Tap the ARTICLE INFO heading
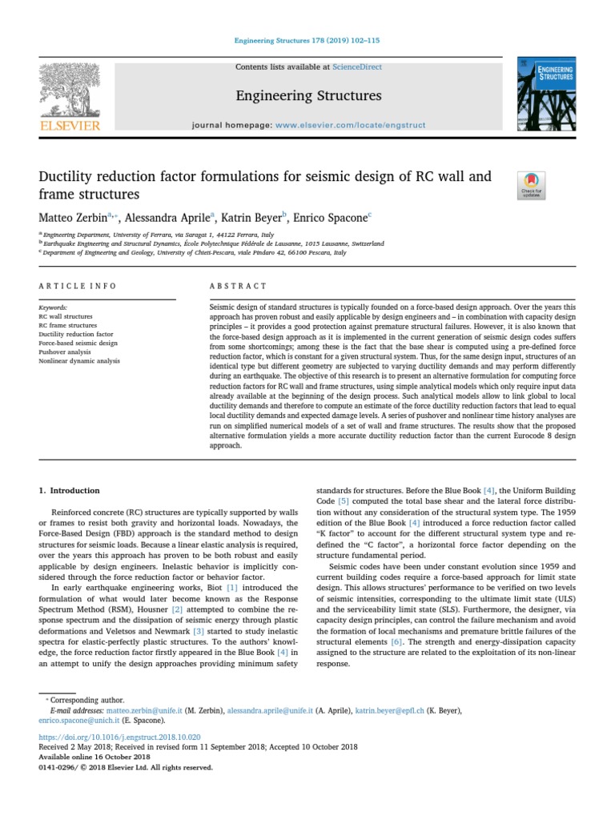click(78, 286)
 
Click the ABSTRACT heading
click(238, 286)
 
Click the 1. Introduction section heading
click(70, 490)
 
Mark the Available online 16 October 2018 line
click(94, 756)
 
